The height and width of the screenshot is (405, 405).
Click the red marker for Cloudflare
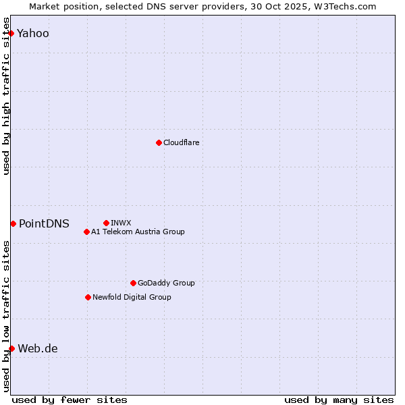pyautogui.click(x=159, y=142)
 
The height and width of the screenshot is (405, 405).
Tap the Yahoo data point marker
pyautogui.click(x=11, y=33)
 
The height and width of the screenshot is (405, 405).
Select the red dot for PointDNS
pyautogui.click(x=13, y=223)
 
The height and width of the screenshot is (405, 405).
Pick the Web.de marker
pyautogui.click(x=11, y=348)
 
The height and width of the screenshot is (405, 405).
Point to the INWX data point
pyautogui.click(x=106, y=223)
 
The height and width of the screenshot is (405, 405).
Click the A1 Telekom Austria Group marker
pyautogui.click(x=86, y=232)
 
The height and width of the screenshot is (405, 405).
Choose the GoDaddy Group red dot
pyautogui.click(x=133, y=283)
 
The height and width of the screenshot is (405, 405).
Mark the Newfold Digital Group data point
pyautogui.click(x=88, y=297)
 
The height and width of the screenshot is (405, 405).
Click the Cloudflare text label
pyautogui.click(x=182, y=142)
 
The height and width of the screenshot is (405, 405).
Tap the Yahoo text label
pyautogui.click(x=33, y=33)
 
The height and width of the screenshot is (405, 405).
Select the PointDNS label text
pyautogui.click(x=44, y=223)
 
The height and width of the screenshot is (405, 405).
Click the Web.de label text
pyautogui.click(x=38, y=348)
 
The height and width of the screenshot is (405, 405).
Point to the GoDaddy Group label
pyautogui.click(x=166, y=283)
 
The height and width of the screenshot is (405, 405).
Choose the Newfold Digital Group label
pyautogui.click(x=132, y=297)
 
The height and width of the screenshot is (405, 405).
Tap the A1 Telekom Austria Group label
pyautogui.click(x=138, y=232)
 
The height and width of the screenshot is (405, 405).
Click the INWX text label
pyautogui.click(x=121, y=223)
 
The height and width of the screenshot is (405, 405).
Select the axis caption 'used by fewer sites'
pyautogui.click(x=70, y=400)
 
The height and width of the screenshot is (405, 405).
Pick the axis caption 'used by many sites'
pyautogui.click(x=339, y=400)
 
